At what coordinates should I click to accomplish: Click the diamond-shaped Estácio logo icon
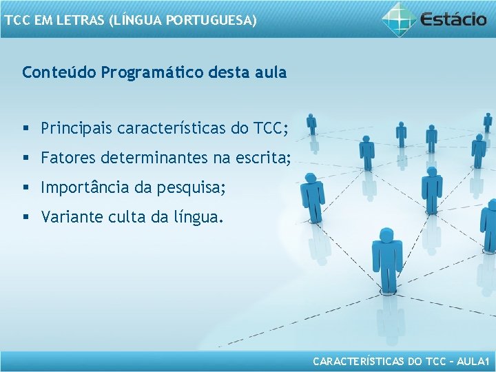click(x=399, y=19)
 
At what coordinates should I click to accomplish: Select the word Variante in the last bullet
click(x=72, y=218)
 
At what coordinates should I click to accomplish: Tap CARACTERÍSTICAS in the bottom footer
click(x=358, y=360)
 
